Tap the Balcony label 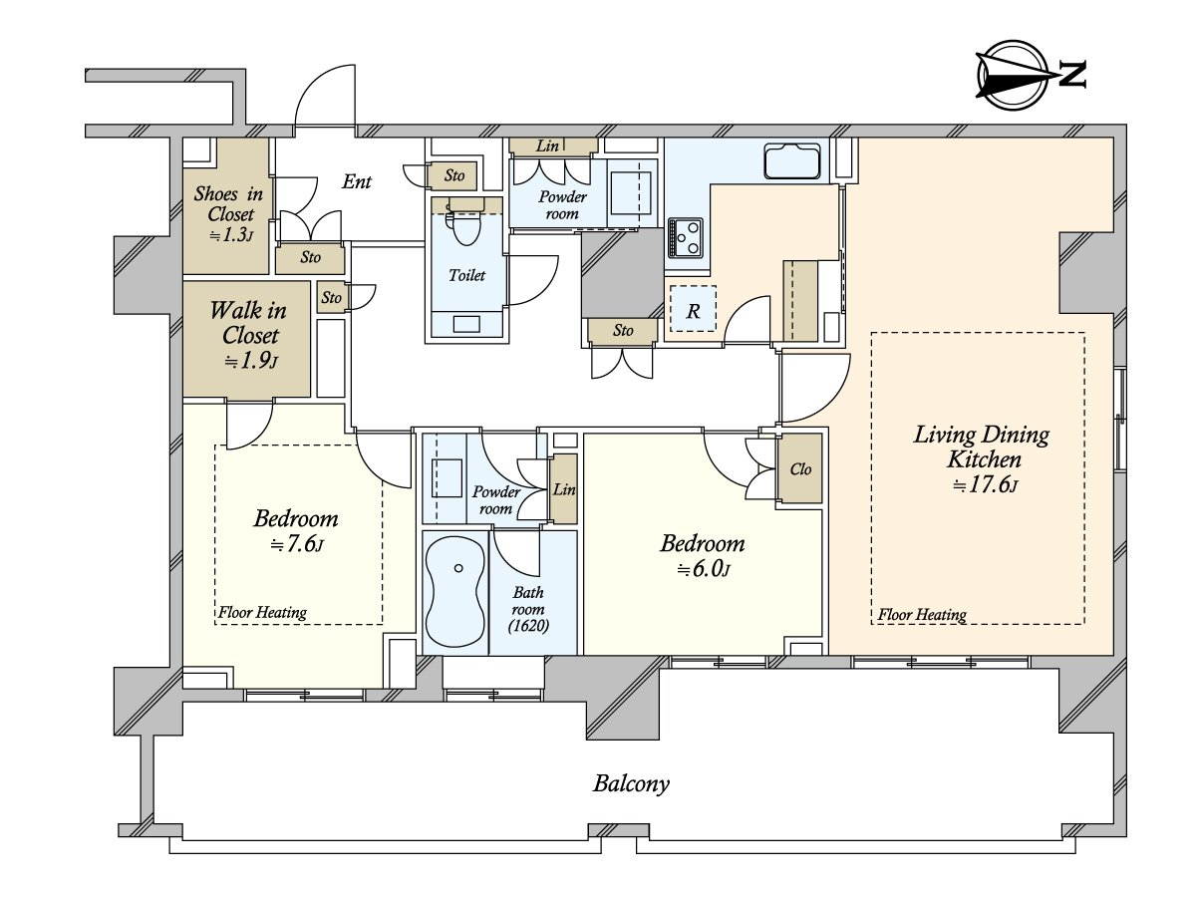click(631, 784)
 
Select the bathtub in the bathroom click(454, 592)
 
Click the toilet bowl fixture click(465, 226)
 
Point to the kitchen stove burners click(686, 238)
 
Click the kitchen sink click(791, 160)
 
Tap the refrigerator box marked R click(693, 309)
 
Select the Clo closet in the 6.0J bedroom click(800, 468)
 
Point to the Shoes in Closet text click(229, 203)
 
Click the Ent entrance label click(357, 181)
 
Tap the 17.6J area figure click(984, 484)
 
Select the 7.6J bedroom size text click(297, 544)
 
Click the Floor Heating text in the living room click(922, 615)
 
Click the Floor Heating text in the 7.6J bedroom click(263, 613)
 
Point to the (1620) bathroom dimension click(528, 626)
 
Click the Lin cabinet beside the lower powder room click(564, 489)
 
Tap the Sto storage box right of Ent click(452, 175)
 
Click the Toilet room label click(466, 275)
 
